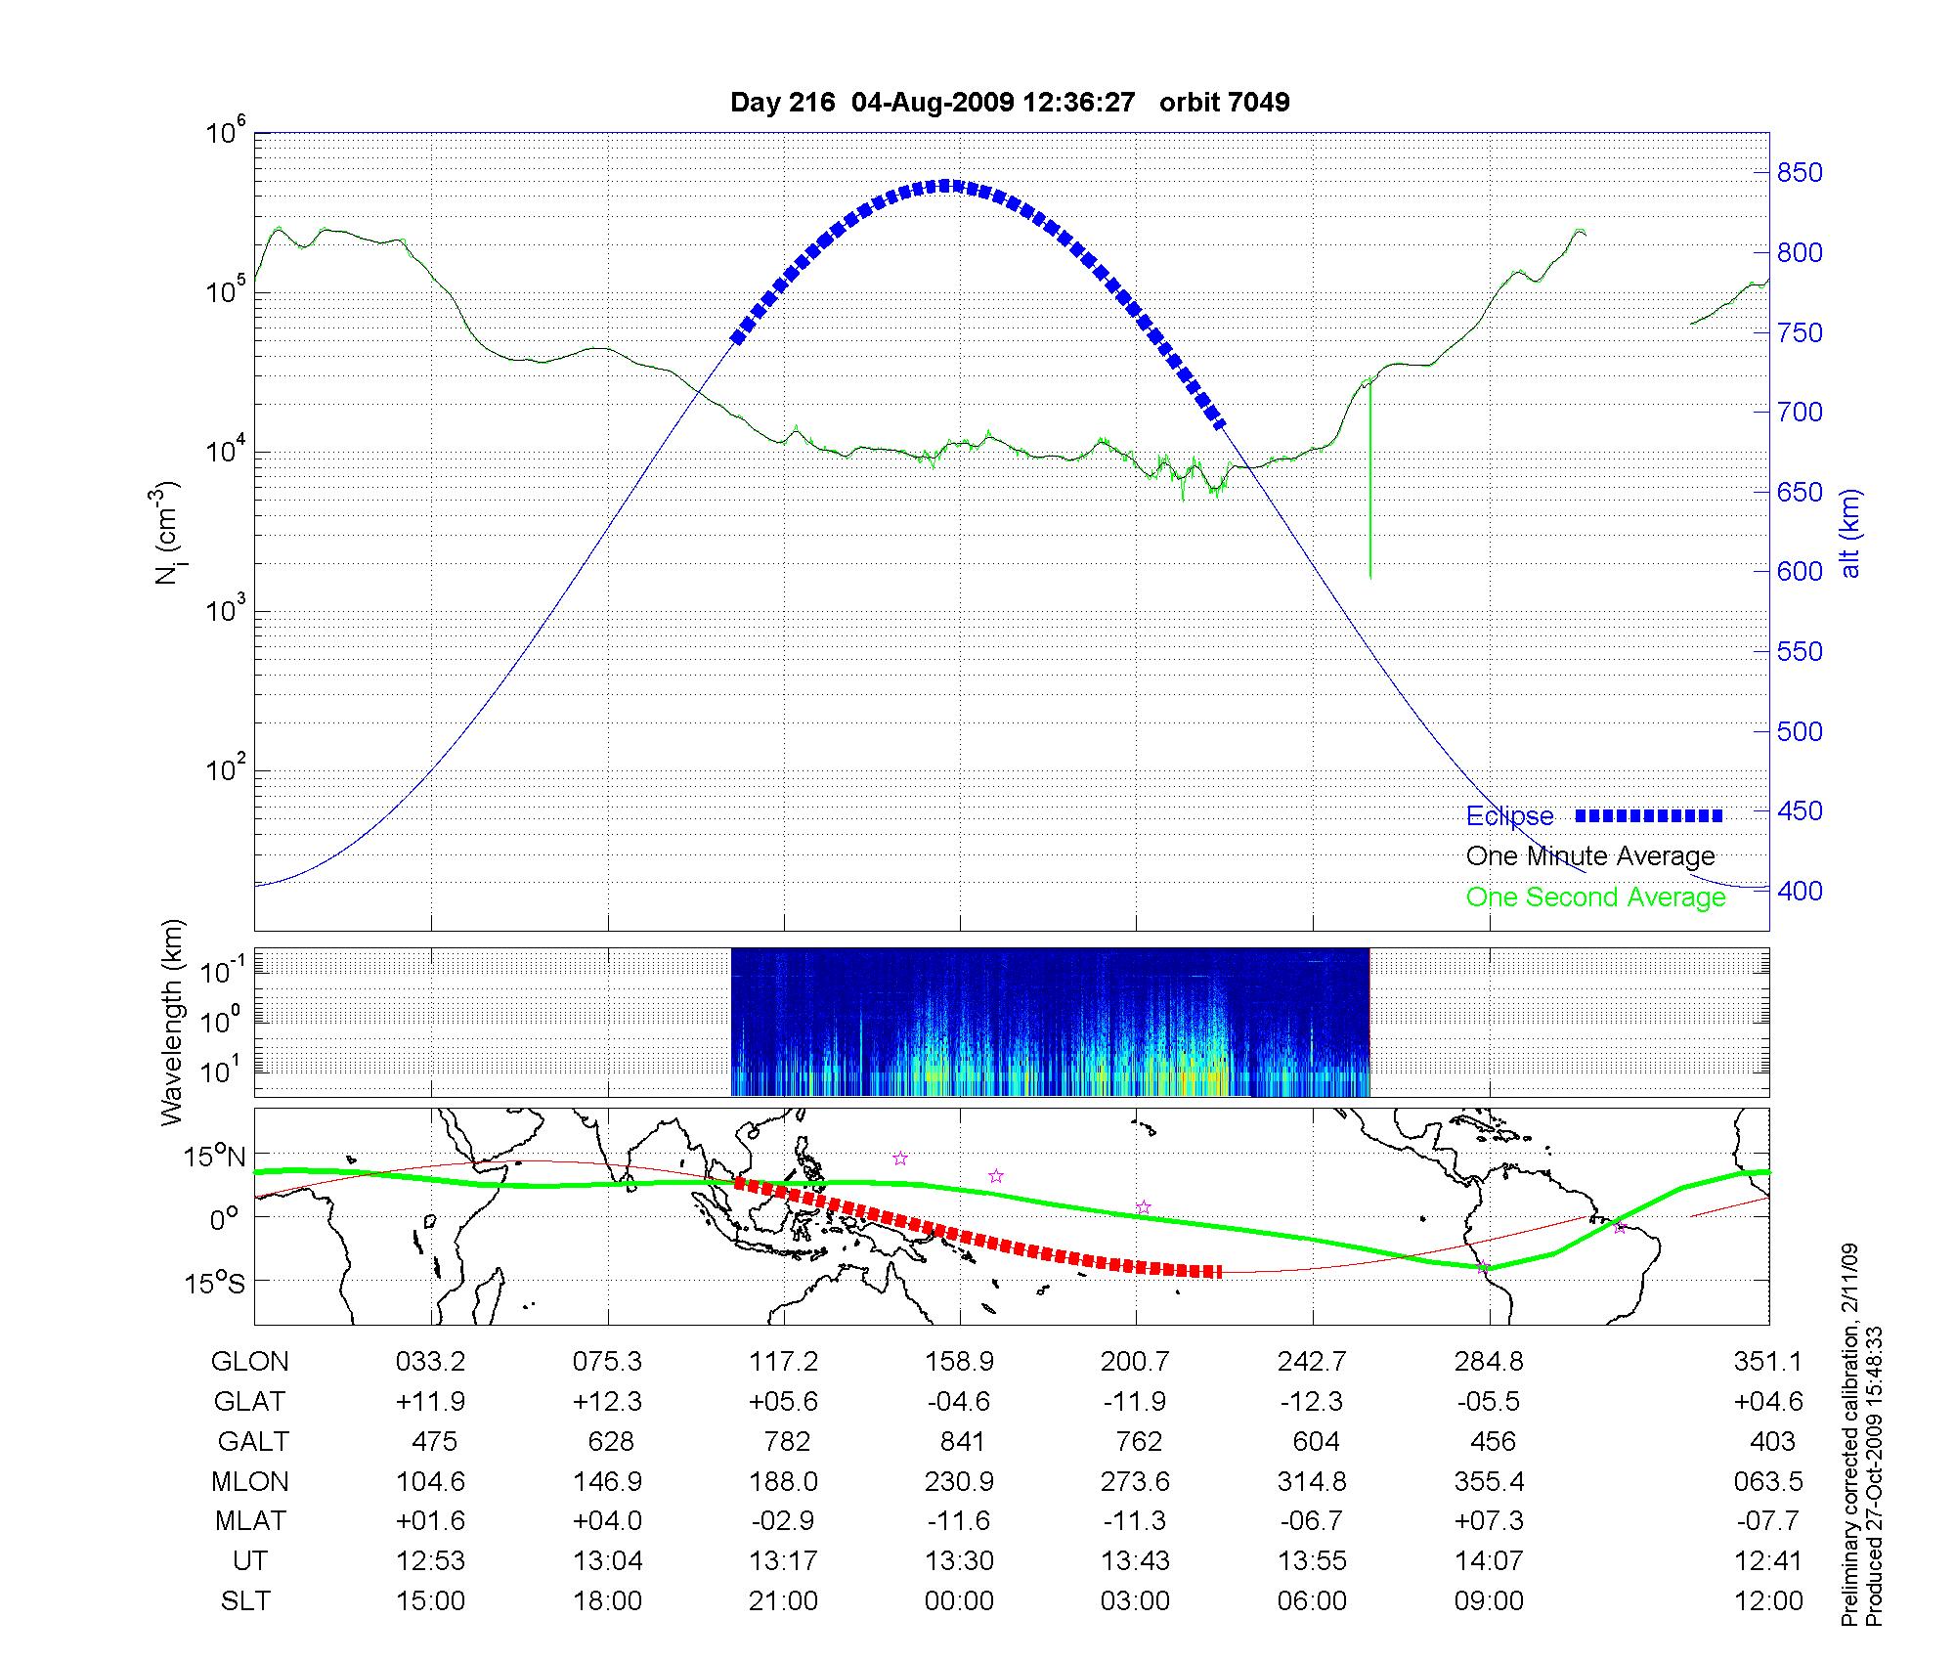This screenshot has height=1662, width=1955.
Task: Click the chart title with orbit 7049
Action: [x=1010, y=102]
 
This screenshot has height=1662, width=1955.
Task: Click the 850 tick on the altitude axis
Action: [x=1800, y=173]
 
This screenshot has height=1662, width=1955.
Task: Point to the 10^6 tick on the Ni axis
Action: [x=226, y=133]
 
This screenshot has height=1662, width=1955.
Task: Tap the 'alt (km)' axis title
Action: [x=1850, y=533]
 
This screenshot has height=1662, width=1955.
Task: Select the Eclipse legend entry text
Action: [x=1509, y=816]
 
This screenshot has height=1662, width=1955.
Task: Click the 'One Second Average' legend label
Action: [x=1595, y=897]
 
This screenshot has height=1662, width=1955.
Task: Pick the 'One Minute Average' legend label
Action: [x=1590, y=856]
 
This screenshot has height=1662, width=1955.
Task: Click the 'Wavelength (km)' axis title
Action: [x=172, y=1023]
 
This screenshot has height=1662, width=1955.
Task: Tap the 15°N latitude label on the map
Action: [x=212, y=1158]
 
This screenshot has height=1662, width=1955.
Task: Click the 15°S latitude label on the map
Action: [x=213, y=1282]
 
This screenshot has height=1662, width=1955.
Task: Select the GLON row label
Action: [x=249, y=1361]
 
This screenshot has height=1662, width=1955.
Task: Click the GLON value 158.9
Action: [x=959, y=1361]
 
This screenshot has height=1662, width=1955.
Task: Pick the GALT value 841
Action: [x=962, y=1441]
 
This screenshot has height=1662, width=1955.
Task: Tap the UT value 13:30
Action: [x=959, y=1561]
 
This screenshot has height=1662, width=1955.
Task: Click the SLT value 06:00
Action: [x=1312, y=1601]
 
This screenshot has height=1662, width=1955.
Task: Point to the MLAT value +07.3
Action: [x=1489, y=1521]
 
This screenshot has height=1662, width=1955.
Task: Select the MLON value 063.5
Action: [x=1767, y=1481]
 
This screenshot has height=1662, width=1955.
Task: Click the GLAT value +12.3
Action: [x=607, y=1401]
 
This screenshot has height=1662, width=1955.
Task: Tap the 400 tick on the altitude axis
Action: [x=1800, y=891]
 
